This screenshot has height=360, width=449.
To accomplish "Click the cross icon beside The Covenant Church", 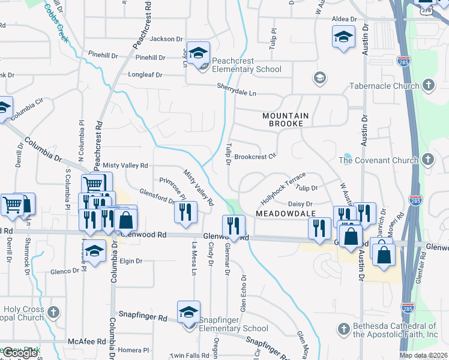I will coord(427,160).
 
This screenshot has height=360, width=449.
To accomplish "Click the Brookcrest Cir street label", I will coord(255,157).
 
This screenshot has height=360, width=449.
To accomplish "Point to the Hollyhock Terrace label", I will coord(283,187).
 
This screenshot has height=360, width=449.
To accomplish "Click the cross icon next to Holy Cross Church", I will coord(53,312).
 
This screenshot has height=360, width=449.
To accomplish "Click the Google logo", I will coord(20,353).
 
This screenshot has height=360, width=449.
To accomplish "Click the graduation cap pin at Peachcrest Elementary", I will coord(198,53).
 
